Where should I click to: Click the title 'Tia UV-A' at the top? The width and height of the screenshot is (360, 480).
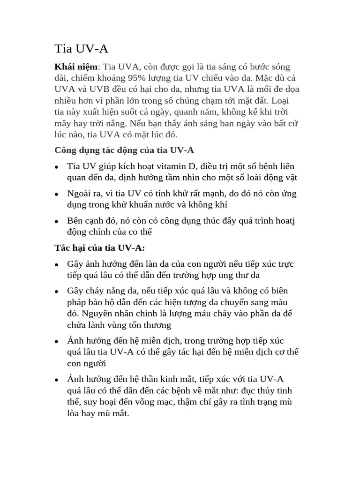[x=82, y=49]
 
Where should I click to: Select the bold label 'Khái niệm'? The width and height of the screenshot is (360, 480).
[x=76, y=67]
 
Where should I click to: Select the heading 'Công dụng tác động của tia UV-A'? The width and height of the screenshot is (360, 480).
[x=124, y=150]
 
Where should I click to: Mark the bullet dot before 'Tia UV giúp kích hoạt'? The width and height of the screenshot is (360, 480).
[x=57, y=167]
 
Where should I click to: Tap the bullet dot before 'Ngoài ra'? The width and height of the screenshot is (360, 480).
[x=57, y=194]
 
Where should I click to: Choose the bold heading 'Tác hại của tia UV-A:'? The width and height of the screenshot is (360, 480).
[x=100, y=247]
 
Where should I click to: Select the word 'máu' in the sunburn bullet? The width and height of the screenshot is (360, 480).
[x=203, y=313]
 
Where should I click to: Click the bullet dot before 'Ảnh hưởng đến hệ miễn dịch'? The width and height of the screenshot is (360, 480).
[x=57, y=341]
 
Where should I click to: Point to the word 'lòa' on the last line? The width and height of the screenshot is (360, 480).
[x=75, y=413]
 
